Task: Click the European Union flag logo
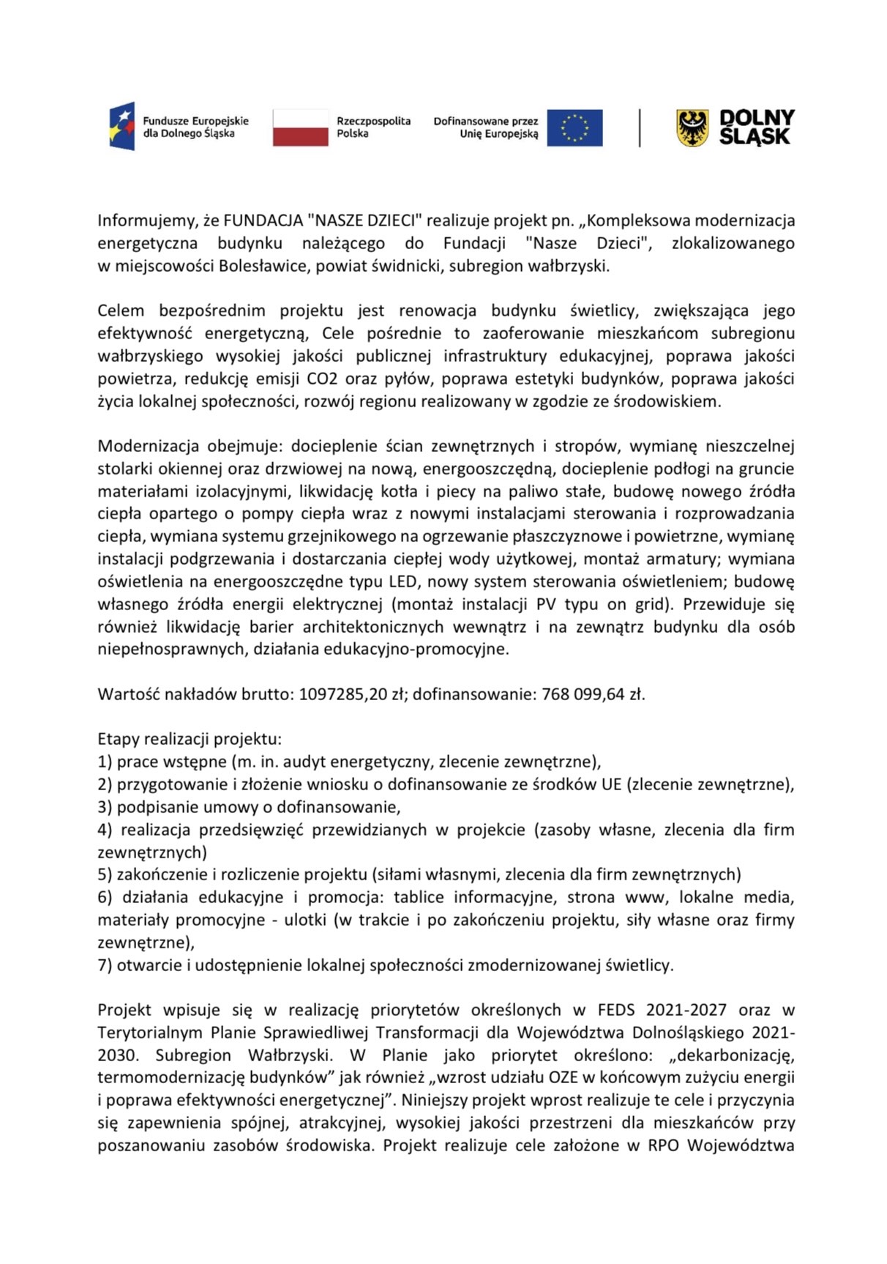[x=575, y=127]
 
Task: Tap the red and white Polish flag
[x=300, y=127]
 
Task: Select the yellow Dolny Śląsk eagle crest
[x=692, y=127]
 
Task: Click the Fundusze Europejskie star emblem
[x=122, y=127]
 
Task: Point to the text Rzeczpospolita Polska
[x=373, y=127]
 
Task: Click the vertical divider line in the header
[x=640, y=127]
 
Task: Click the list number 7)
[x=105, y=965]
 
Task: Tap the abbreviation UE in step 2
[x=611, y=784]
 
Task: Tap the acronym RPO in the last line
[x=664, y=1145]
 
